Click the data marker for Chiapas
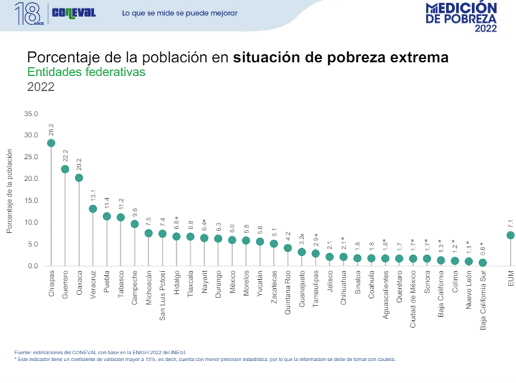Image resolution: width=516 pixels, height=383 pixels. (51, 143)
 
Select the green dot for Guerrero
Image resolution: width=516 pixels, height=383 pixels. (65, 169)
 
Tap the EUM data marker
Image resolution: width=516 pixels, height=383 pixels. (510, 235)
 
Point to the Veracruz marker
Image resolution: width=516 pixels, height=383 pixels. (93, 209)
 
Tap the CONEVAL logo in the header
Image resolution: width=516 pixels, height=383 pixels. (74, 13)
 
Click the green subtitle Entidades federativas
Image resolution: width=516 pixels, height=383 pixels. (86, 72)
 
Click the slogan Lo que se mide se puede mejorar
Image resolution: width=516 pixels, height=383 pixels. (179, 13)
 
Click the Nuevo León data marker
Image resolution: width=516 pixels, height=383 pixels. (469, 261)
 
